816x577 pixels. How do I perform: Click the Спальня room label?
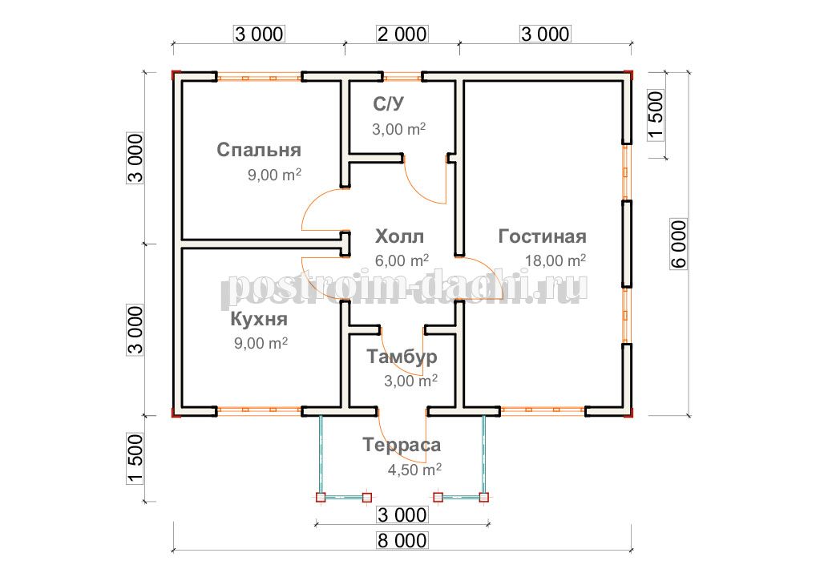[x=259, y=150]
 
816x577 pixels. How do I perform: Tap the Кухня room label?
[x=259, y=319]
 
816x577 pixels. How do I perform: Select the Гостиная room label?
[x=543, y=236]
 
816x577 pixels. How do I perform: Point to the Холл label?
[x=399, y=236]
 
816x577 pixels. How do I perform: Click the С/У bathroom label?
[x=388, y=104]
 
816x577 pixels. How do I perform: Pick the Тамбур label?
[x=402, y=357]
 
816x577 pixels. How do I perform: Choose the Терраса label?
[x=402, y=446]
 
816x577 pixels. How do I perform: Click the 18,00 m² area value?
[x=555, y=260]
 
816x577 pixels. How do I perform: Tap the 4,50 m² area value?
[x=414, y=470]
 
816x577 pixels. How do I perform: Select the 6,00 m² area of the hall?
[x=402, y=260]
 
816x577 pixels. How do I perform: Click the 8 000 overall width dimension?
[x=402, y=540]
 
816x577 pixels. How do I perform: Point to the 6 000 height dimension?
[x=678, y=244]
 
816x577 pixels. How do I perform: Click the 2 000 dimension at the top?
[x=402, y=34]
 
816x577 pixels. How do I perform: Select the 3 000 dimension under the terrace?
[x=402, y=515]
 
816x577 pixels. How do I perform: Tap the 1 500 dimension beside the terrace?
[x=135, y=459]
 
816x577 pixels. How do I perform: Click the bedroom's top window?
[x=259, y=78]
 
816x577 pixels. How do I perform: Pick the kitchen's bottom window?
[x=259, y=410]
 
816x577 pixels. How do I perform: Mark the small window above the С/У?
[x=402, y=78]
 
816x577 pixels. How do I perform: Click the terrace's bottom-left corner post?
[x=321, y=498]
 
